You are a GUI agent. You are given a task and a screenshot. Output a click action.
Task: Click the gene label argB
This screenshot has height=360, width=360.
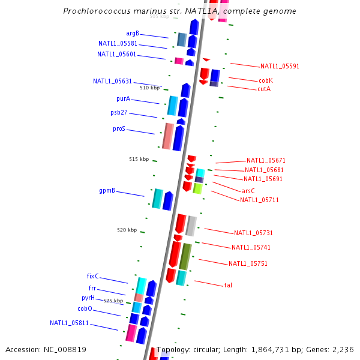[x=132, y=33]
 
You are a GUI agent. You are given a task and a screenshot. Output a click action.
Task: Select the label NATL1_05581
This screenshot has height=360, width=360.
[x=118, y=43]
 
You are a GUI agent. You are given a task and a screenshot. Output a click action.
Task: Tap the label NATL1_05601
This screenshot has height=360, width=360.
[x=116, y=54]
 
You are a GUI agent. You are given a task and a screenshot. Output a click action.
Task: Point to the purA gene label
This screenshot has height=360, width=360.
[x=123, y=98]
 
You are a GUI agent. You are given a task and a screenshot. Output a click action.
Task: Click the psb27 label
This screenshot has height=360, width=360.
[x=119, y=112]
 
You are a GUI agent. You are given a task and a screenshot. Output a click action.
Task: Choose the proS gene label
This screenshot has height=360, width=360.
[x=119, y=128]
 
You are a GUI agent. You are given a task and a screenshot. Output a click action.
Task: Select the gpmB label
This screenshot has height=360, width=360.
[x=107, y=190]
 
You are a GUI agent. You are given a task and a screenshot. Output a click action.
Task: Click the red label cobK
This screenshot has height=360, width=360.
[x=266, y=80]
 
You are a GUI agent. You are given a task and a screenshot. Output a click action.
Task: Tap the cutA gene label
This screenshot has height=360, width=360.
[x=264, y=89]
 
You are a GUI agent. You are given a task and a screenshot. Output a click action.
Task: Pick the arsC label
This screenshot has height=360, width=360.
[x=248, y=191]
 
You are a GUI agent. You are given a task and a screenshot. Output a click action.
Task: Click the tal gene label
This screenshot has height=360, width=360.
[x=228, y=285]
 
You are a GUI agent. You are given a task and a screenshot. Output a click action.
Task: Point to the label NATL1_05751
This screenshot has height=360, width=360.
[x=248, y=263]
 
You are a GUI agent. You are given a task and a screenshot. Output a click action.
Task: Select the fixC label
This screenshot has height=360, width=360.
[x=92, y=277]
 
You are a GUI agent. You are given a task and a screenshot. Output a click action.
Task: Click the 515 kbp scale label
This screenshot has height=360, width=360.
[x=139, y=159]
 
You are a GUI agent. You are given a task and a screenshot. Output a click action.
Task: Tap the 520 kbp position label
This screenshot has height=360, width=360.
[x=127, y=230]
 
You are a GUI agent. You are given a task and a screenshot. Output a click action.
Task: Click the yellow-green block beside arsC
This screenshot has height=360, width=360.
[x=197, y=188]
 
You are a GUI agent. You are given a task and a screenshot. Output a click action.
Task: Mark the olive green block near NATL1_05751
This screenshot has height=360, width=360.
[x=185, y=256]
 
